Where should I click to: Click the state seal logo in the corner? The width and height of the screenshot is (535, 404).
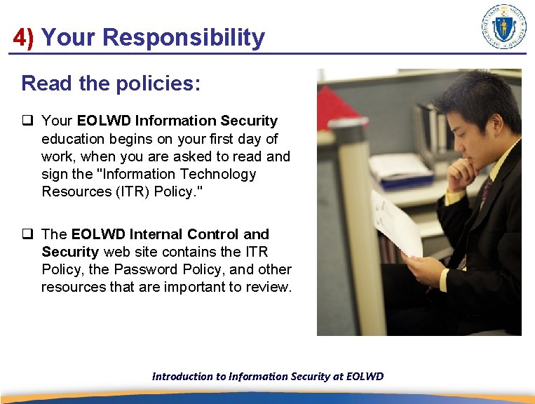(x=504, y=27)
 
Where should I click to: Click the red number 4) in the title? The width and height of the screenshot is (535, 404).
(x=23, y=37)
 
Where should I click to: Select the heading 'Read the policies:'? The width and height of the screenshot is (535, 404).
(x=111, y=83)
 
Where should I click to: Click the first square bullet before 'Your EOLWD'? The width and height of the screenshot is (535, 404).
(x=27, y=121)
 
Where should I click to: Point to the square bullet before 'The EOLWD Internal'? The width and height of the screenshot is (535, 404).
(x=27, y=234)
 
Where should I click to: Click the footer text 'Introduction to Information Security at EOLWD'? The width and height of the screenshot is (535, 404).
(x=268, y=376)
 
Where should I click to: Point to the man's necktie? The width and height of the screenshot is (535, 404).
(x=483, y=196)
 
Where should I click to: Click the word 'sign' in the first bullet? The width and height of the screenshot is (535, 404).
(x=55, y=174)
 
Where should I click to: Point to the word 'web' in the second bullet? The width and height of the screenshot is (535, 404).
(x=115, y=252)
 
